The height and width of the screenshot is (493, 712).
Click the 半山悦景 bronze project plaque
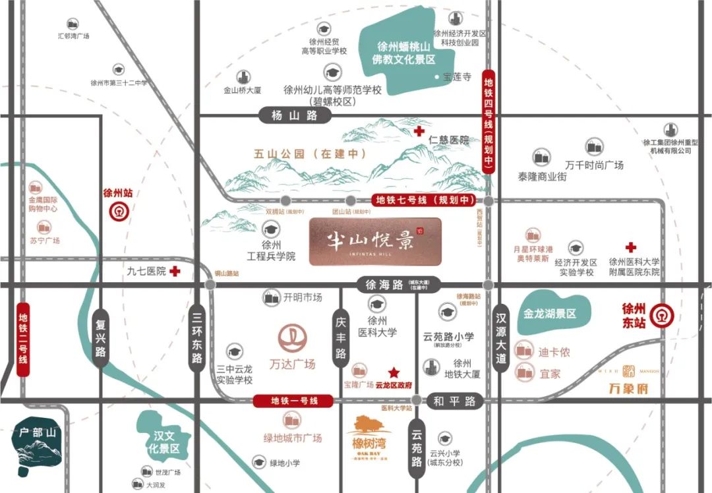[374, 241]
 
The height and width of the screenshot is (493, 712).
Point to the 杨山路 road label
[294, 116]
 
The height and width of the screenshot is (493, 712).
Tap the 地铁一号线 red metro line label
[294, 401]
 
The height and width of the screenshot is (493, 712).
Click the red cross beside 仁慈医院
[419, 132]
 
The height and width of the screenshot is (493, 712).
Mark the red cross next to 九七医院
[175, 271]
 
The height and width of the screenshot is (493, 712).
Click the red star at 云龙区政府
[394, 372]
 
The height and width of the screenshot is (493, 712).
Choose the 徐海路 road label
[384, 285]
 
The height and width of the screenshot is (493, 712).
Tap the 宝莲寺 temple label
[457, 77]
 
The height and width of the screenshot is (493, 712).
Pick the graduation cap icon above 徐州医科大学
[377, 304]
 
